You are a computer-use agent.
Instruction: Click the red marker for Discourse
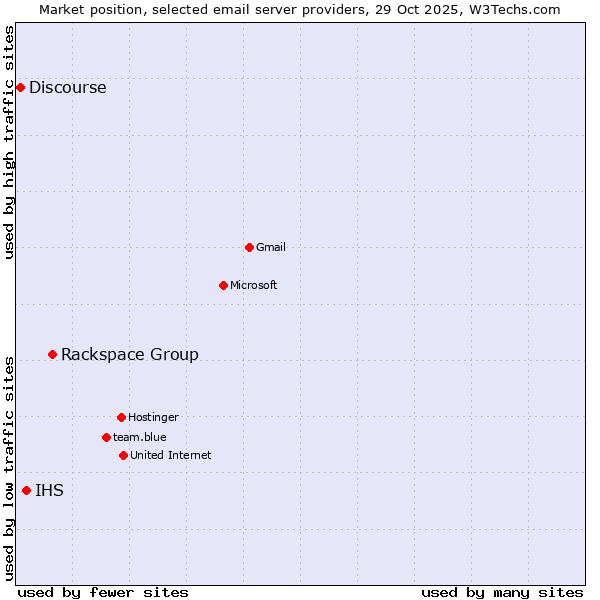[20, 88]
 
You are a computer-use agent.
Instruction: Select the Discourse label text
[67, 88]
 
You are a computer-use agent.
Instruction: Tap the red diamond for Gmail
[249, 247]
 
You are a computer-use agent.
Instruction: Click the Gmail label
[271, 247]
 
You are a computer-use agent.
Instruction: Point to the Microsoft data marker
[223, 285]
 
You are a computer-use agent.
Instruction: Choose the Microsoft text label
[254, 285]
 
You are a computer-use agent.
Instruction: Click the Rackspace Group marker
[52, 354]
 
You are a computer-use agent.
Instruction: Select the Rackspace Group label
[130, 354]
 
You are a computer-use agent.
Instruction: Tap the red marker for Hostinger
[121, 417]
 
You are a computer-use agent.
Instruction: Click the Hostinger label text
[153, 417]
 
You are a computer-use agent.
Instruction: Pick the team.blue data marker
[106, 437]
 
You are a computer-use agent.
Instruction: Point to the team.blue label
[140, 437]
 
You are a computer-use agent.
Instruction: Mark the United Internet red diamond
[123, 455]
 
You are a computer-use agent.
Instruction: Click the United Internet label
[171, 455]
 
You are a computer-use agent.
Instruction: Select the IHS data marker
[26, 490]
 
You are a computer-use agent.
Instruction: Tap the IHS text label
[50, 490]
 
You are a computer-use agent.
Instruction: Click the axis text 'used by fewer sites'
[103, 593]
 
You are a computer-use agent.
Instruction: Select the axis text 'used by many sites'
[502, 593]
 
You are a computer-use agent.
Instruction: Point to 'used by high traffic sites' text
[10, 142]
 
